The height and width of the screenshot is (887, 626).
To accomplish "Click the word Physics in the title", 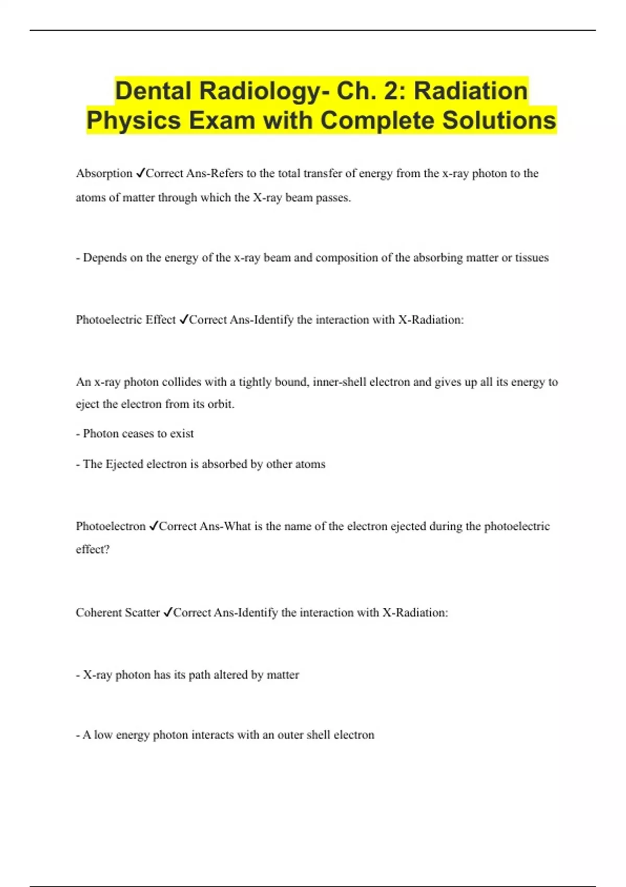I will pos(134,120).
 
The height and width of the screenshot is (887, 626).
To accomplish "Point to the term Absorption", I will pos(104,173).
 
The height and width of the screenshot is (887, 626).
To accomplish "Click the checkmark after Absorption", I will pos(140,173).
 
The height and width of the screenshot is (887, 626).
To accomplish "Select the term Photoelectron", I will pos(111,526).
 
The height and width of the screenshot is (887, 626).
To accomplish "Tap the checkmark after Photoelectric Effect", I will pos(183,319).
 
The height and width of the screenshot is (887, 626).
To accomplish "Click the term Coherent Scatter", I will pos(117,613).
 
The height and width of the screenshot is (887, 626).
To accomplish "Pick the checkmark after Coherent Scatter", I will pos(167,613).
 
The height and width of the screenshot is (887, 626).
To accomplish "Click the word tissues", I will pos(532,257).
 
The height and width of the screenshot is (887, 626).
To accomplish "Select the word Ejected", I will pos(124,464).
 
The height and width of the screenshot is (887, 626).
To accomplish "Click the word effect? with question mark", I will pos(92,549).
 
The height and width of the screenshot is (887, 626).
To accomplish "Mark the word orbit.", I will pos(221,404).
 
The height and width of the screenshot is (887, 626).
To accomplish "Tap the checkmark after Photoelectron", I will pos(153,526).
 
